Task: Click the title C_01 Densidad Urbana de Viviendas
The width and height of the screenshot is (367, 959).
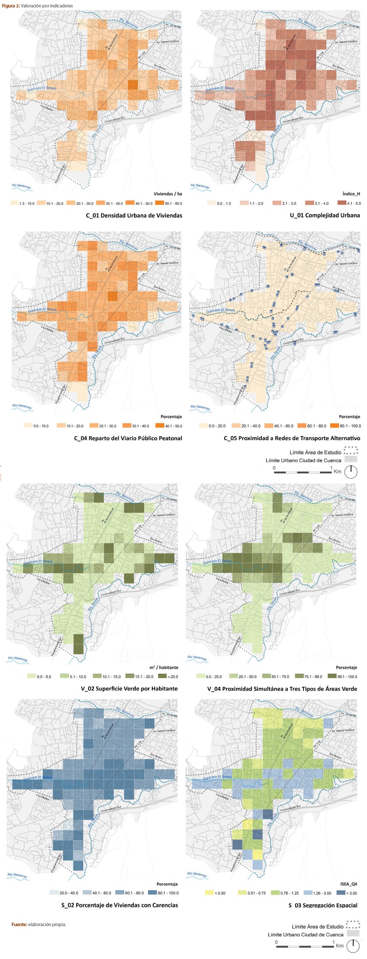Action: [134, 215]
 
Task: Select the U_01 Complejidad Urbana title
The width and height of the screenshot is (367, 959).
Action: [325, 215]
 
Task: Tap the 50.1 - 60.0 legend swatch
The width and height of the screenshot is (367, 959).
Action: [159, 203]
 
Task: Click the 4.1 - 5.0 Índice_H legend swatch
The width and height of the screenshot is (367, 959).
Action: [342, 203]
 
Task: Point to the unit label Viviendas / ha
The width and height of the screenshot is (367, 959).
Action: [168, 194]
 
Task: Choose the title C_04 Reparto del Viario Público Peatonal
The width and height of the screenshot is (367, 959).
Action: [128, 438]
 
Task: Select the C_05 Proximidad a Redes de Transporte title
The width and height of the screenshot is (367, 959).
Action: [292, 438]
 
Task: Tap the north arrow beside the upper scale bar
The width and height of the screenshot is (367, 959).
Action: [351, 472]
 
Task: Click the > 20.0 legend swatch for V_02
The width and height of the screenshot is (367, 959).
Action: [162, 676]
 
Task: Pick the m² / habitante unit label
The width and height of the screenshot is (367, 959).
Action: [164, 667]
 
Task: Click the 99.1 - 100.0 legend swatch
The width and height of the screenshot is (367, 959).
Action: [332, 676]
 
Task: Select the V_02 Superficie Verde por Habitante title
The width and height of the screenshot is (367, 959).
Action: [129, 689]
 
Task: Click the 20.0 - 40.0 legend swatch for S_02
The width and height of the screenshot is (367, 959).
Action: [54, 892]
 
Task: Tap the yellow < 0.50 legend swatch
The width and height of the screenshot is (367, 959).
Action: [209, 892]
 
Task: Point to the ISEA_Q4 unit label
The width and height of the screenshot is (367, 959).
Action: [349, 884]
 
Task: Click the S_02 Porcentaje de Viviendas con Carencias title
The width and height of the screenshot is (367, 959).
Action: [120, 905]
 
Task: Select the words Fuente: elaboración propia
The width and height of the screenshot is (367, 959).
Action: [39, 924]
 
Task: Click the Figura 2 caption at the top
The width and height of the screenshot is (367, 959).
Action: [37, 6]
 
